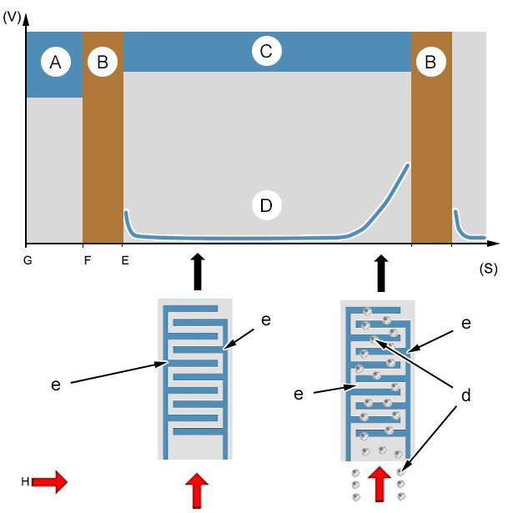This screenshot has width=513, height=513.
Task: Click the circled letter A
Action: (x=56, y=62)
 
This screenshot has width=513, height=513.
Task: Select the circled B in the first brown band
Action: (x=103, y=62)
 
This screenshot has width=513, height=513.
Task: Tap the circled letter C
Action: (x=267, y=52)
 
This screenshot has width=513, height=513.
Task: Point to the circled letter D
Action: (x=267, y=205)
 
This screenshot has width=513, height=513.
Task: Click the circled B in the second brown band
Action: (x=431, y=62)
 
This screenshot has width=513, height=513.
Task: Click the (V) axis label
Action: (x=12, y=18)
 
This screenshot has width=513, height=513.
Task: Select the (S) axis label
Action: (x=488, y=269)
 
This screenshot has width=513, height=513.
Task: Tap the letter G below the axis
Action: (x=28, y=260)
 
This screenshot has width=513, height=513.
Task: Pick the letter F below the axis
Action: (x=88, y=260)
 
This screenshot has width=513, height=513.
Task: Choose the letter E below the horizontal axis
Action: (x=125, y=260)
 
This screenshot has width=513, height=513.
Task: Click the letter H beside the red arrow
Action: (x=25, y=481)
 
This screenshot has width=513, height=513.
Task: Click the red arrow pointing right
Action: (x=50, y=481)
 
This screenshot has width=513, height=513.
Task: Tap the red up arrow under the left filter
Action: (x=197, y=490)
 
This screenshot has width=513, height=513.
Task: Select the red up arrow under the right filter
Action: (x=380, y=484)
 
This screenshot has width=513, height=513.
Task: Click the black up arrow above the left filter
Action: (x=198, y=272)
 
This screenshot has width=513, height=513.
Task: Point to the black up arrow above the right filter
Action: (x=381, y=274)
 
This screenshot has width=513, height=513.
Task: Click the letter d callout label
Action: (x=466, y=395)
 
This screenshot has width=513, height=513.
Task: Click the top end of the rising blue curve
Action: (x=408, y=164)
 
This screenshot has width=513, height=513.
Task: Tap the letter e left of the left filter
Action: (x=56, y=385)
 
